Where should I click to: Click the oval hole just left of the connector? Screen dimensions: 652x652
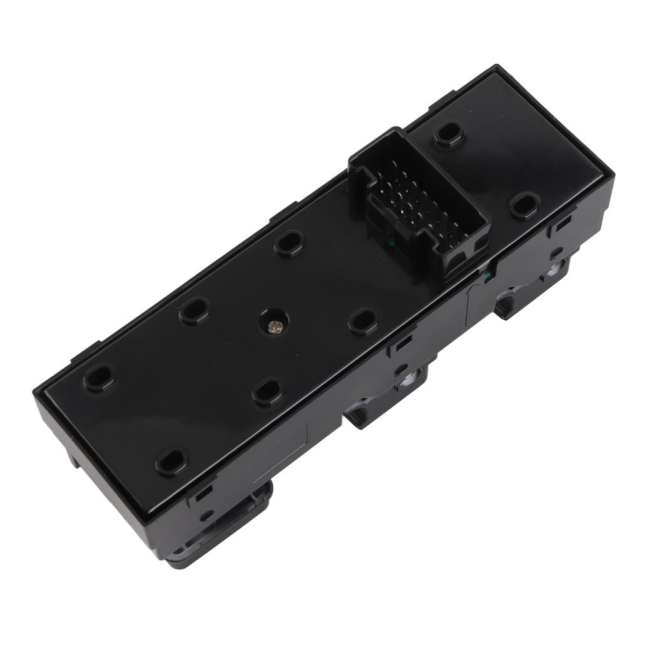click(289, 243)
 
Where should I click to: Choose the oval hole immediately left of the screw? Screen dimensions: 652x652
click(195, 311)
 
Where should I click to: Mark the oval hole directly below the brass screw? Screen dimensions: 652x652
click(267, 392)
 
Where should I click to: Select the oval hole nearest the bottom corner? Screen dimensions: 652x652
click(172, 462)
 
